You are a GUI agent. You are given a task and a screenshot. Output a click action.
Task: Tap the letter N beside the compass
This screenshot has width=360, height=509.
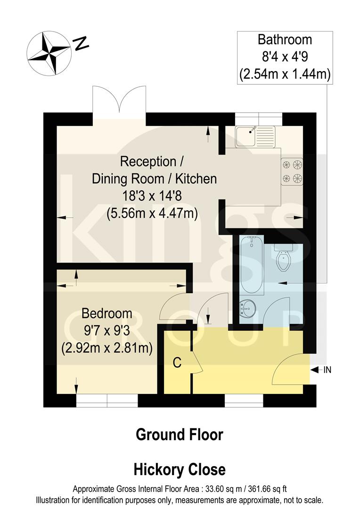click(x=81, y=44)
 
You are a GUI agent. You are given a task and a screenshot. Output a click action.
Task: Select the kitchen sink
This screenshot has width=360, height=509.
click(x=255, y=135)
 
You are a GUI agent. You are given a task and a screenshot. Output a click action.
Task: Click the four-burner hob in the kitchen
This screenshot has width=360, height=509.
click(x=292, y=171)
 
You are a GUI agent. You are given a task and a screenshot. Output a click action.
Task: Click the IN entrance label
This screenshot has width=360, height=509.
click(x=327, y=370)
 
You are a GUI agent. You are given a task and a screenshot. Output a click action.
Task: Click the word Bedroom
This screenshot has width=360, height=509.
click(x=106, y=313)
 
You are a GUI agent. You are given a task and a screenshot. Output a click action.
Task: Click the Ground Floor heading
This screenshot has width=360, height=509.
click(x=180, y=434)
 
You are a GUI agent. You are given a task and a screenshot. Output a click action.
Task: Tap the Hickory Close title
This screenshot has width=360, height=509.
click(x=180, y=469)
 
